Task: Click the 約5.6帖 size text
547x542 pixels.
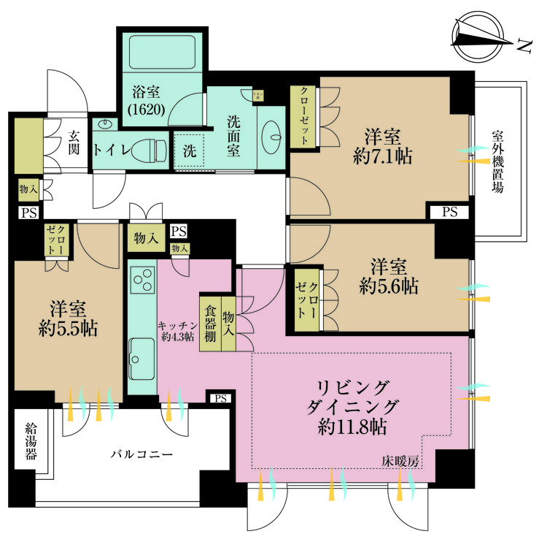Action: coord(388,286)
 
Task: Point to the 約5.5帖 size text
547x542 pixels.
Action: coord(68,328)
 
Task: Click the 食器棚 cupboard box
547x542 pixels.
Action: coord(209,322)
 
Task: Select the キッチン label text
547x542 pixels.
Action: coord(175,327)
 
